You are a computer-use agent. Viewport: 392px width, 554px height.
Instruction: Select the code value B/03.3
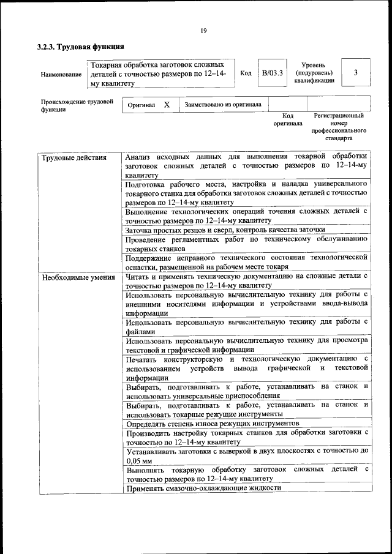273,73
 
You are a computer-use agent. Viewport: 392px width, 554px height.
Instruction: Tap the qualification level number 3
356,73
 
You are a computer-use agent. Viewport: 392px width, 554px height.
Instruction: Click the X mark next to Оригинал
167,105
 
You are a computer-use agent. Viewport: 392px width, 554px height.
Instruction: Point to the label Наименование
61,74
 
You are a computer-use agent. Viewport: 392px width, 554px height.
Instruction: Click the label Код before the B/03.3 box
246,73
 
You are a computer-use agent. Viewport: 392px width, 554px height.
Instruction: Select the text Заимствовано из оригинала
223,105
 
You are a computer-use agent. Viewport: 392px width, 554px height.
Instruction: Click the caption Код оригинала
288,119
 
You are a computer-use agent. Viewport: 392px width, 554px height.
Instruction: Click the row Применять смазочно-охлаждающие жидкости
203,488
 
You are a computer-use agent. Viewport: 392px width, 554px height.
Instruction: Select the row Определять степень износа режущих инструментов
213,423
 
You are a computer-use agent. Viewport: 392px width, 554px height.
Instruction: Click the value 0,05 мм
138,460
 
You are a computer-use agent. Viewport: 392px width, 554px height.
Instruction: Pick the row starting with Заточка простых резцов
225,230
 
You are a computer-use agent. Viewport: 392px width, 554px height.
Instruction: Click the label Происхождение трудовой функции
77,105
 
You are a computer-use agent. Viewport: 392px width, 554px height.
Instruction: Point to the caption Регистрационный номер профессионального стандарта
339,127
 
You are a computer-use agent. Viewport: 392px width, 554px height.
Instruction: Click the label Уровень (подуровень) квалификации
314,73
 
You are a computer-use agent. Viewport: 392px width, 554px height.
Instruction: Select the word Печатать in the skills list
142,359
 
